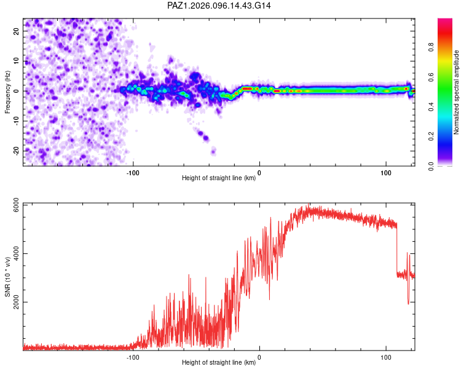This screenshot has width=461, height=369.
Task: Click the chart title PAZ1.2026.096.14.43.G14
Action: (x=219, y=6)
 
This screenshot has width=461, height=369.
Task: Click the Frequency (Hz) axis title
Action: (x=7, y=92)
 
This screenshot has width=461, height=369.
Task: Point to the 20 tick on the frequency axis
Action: (x=16, y=31)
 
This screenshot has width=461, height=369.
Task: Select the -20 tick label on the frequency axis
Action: (x=16, y=151)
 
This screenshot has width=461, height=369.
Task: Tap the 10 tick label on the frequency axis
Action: (x=16, y=61)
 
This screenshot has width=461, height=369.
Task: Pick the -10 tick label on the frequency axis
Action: (x=16, y=121)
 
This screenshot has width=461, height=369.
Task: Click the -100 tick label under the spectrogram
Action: (x=133, y=173)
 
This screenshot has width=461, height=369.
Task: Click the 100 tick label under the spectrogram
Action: (x=386, y=173)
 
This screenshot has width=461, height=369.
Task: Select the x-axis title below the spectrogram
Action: (x=219, y=178)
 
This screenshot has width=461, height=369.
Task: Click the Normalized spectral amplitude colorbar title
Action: (x=456, y=92)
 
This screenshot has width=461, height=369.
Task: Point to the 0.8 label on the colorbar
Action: (x=431, y=47)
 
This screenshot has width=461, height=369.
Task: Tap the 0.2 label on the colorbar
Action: (x=431, y=137)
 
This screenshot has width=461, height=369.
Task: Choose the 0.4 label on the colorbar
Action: (x=431, y=106)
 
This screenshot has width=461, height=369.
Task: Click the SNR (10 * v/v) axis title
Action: (x=7, y=277)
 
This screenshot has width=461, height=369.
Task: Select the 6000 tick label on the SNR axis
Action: (x=16, y=205)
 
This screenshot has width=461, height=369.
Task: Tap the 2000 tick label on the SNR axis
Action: (x=16, y=302)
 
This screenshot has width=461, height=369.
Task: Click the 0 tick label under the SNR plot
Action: (x=259, y=357)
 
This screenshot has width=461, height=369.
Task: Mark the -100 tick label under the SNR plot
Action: (x=133, y=357)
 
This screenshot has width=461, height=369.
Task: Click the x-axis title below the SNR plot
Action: (x=219, y=362)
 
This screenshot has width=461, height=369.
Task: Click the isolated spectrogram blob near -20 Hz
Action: (x=213, y=151)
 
